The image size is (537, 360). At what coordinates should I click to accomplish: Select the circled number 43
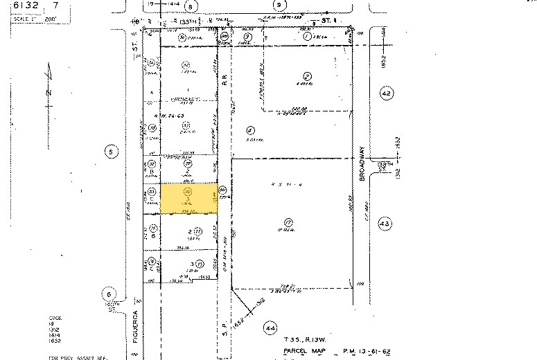pyautogui.click(x=385, y=222)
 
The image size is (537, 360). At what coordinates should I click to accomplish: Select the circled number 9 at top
pyautogui.click(x=279, y=6)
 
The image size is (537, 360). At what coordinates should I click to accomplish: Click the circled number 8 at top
pyautogui.click(x=192, y=6)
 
